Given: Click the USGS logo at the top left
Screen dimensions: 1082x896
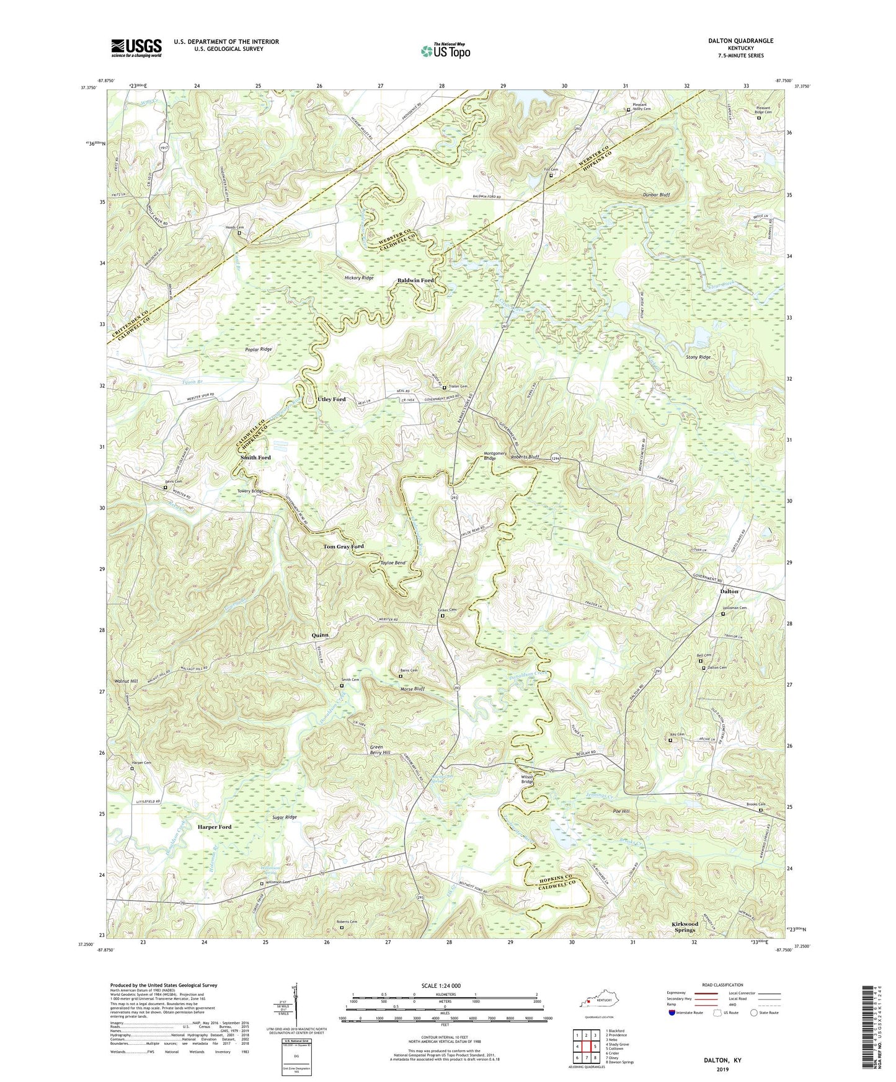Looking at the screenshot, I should pos(136,48).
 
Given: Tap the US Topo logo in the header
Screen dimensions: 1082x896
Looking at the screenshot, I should pos(445,51).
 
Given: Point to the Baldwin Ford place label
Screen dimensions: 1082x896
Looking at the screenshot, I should pos(415,281).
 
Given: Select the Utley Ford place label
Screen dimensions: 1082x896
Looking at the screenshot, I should pos(331,400).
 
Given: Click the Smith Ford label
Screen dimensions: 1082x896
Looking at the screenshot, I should pos(255,458).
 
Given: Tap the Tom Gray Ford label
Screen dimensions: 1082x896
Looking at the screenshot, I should pos(344,547).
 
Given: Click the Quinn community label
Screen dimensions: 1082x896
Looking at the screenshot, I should pos(320,635).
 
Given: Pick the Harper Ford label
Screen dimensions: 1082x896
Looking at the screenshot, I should pos(215,827).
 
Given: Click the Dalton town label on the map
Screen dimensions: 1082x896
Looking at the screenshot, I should pos(729,591).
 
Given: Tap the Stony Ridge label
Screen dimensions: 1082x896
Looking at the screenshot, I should pos(698,358).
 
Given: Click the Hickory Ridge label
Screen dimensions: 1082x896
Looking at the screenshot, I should pos(359,278).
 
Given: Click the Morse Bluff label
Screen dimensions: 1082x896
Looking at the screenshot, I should pos(412,689).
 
